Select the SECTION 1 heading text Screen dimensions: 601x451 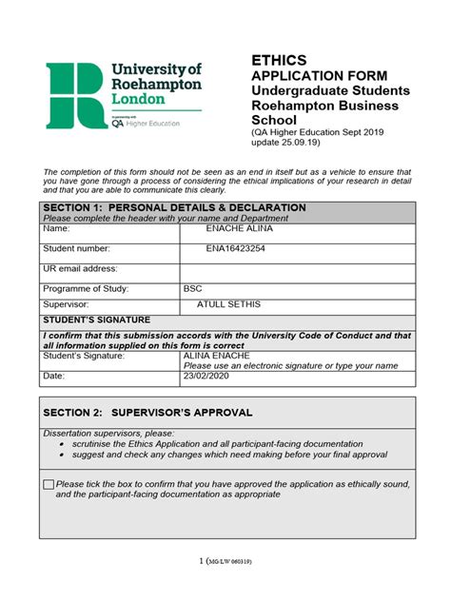[174, 207]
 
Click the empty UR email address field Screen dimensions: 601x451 [297, 270]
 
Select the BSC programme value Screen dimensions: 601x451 [193, 288]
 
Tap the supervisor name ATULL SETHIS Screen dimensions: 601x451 [228, 304]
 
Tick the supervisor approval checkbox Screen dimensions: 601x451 [49, 485]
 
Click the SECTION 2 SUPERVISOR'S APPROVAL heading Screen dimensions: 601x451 [147, 413]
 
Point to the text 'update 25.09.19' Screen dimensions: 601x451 [286, 143]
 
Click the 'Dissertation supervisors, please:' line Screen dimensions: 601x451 [109, 432]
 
